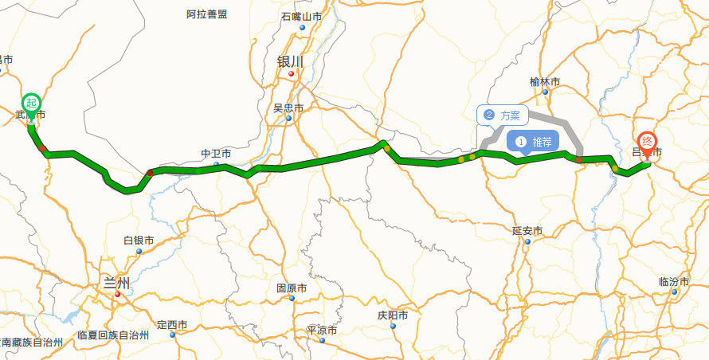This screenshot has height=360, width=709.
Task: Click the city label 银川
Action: [x=290, y=61]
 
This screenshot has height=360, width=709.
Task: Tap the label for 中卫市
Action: [x=215, y=154]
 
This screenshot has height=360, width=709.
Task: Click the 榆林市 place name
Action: [x=545, y=82]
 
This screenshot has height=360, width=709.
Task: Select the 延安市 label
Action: [x=527, y=231]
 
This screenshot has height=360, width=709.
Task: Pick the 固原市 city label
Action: [x=292, y=288]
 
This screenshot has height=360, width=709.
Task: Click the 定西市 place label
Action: [x=172, y=325]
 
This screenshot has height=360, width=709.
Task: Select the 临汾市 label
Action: [x=674, y=282]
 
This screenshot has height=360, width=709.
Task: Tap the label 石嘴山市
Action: [x=301, y=17]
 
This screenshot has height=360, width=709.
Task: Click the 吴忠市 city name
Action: [x=288, y=108]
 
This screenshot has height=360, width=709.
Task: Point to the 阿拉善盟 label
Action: [x=206, y=14]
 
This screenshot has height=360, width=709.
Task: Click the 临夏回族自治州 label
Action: [x=113, y=335]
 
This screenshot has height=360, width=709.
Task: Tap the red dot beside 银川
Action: [x=292, y=74]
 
